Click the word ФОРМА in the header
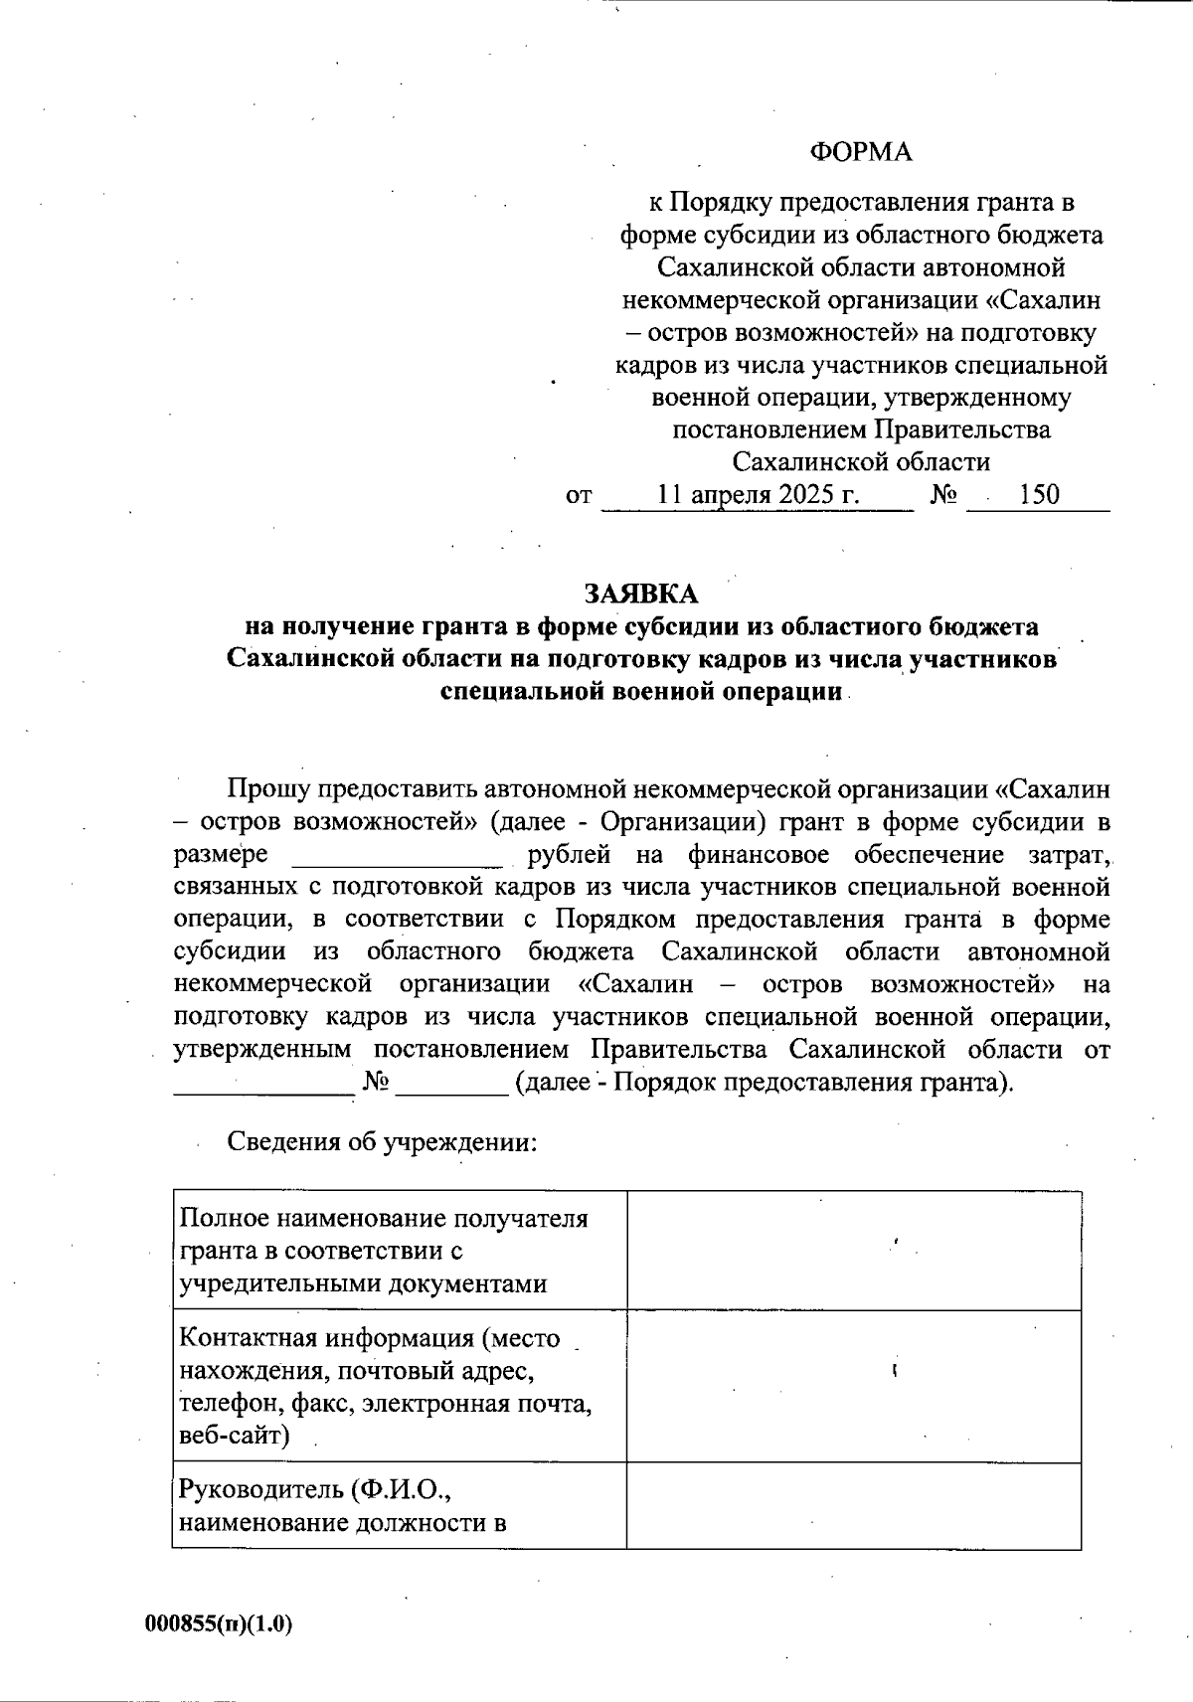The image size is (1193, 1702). pyautogui.click(x=860, y=151)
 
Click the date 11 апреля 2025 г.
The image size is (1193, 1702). pyautogui.click(x=758, y=494)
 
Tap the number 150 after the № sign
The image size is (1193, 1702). pyautogui.click(x=1039, y=494)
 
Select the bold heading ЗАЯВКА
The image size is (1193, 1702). pyautogui.click(x=641, y=594)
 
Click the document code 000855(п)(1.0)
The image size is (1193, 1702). pyautogui.click(x=219, y=1623)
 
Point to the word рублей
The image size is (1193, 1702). pyautogui.click(x=569, y=855)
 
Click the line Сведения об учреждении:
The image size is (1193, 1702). pyautogui.click(x=383, y=1140)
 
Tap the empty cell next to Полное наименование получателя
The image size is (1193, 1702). pyautogui.click(x=853, y=1250)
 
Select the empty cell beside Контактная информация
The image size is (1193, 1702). pyautogui.click(x=853, y=1386)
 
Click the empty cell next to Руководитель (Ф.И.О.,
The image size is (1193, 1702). pyautogui.click(x=853, y=1505)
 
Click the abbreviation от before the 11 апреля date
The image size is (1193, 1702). pyautogui.click(x=579, y=495)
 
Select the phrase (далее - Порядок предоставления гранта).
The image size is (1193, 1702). pyautogui.click(x=764, y=1082)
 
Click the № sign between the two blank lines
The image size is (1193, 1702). pyautogui.click(x=375, y=1082)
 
